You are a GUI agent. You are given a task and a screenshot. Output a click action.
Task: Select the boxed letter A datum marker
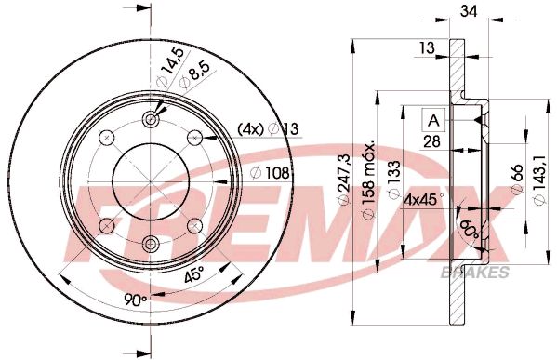(433, 118)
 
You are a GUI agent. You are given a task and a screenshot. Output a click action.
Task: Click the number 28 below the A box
(432, 142)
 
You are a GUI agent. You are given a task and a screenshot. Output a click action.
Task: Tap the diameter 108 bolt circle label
(271, 171)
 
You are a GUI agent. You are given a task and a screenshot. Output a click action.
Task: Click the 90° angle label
(136, 301)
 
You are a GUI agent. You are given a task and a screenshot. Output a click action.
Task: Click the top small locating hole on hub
(153, 119)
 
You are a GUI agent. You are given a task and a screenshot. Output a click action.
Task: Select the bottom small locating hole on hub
(153, 244)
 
